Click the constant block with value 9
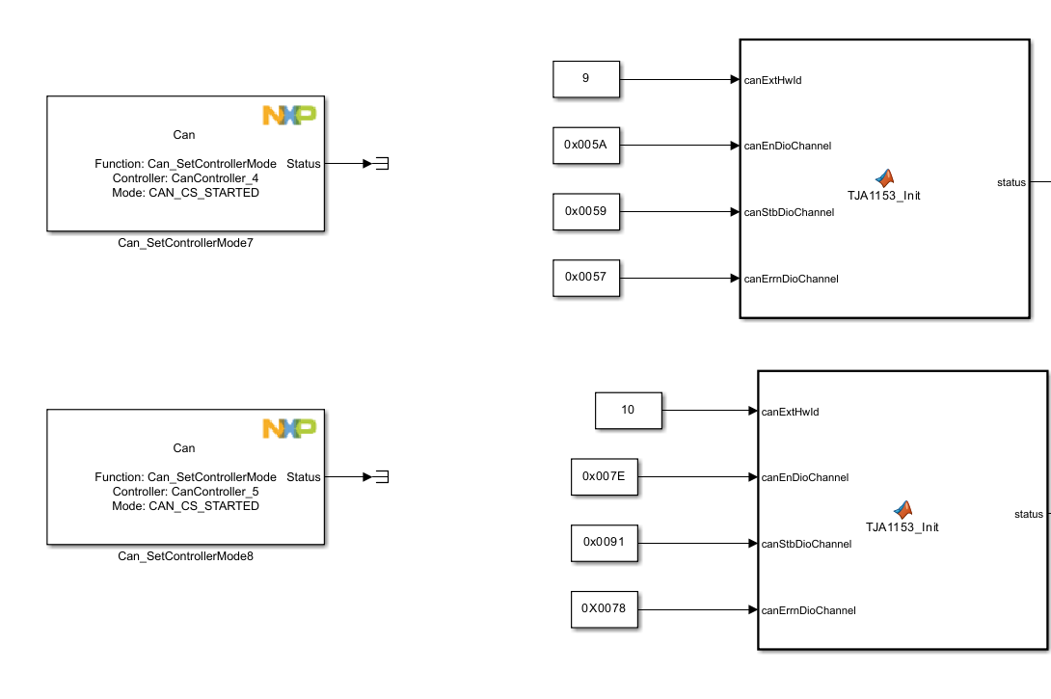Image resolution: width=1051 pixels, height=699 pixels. pyautogui.click(x=586, y=79)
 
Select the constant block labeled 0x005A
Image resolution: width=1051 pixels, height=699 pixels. pyautogui.click(x=586, y=146)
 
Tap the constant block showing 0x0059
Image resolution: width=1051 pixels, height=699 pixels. pyautogui.click(x=586, y=212)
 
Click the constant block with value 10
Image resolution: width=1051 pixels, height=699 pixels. pyautogui.click(x=629, y=410)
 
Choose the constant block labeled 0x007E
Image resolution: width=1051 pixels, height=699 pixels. pyautogui.click(x=605, y=476)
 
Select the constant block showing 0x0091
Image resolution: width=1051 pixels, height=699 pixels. pyautogui.click(x=605, y=542)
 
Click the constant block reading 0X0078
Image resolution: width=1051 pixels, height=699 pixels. pyautogui.click(x=605, y=608)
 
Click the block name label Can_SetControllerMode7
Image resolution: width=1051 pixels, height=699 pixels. pyautogui.click(x=186, y=243)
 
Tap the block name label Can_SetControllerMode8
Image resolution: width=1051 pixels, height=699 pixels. pyautogui.click(x=186, y=556)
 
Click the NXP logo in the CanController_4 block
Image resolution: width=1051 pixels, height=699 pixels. pyautogui.click(x=289, y=116)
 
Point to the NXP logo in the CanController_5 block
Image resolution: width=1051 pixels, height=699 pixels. pyautogui.click(x=289, y=428)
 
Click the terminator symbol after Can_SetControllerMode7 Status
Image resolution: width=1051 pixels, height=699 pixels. pyautogui.click(x=382, y=164)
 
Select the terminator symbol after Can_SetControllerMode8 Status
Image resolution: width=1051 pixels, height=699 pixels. pyautogui.click(x=382, y=476)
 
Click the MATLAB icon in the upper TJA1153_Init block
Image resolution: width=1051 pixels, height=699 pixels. pyautogui.click(x=884, y=178)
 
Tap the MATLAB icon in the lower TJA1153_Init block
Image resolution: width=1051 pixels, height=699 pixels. pyautogui.click(x=903, y=510)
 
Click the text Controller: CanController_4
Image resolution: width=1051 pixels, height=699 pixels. pyautogui.click(x=185, y=178)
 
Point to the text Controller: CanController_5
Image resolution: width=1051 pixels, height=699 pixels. pyautogui.click(x=185, y=492)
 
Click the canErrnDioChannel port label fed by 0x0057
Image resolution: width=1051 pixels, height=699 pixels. pyautogui.click(x=791, y=280)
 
